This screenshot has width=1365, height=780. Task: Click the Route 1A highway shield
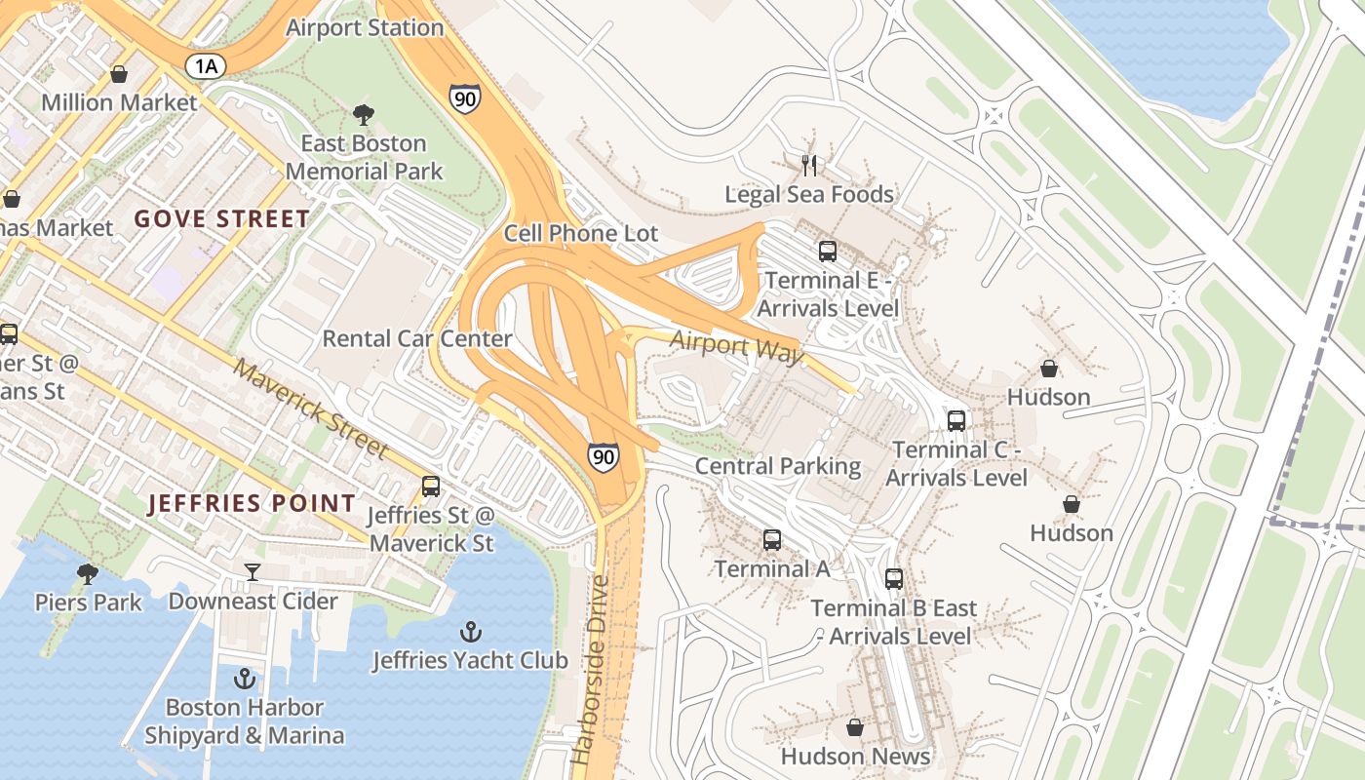click(206, 65)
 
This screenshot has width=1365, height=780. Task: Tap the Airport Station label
click(365, 28)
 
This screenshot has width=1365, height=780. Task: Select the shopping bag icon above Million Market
click(119, 74)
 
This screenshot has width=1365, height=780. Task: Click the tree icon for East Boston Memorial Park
click(364, 115)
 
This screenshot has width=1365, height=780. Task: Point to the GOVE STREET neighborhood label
click(222, 218)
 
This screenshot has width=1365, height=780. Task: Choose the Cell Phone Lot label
click(581, 233)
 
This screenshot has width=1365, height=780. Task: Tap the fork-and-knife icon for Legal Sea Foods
click(809, 165)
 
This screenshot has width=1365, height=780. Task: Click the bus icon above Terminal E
click(828, 252)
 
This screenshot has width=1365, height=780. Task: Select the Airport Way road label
click(737, 345)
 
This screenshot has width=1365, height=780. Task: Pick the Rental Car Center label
click(417, 338)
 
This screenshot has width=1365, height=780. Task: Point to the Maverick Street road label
click(311, 410)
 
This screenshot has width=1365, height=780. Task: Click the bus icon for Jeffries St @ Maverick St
click(431, 486)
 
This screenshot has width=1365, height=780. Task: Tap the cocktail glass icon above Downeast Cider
click(253, 572)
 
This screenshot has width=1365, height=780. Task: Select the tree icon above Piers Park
click(88, 573)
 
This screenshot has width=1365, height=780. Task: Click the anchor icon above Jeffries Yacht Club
click(471, 632)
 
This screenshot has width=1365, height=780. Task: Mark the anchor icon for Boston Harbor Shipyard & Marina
click(245, 679)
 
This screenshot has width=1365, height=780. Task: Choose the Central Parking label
click(778, 466)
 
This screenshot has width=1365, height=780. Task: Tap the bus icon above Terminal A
click(772, 539)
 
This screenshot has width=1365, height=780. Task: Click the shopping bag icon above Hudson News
click(855, 727)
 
